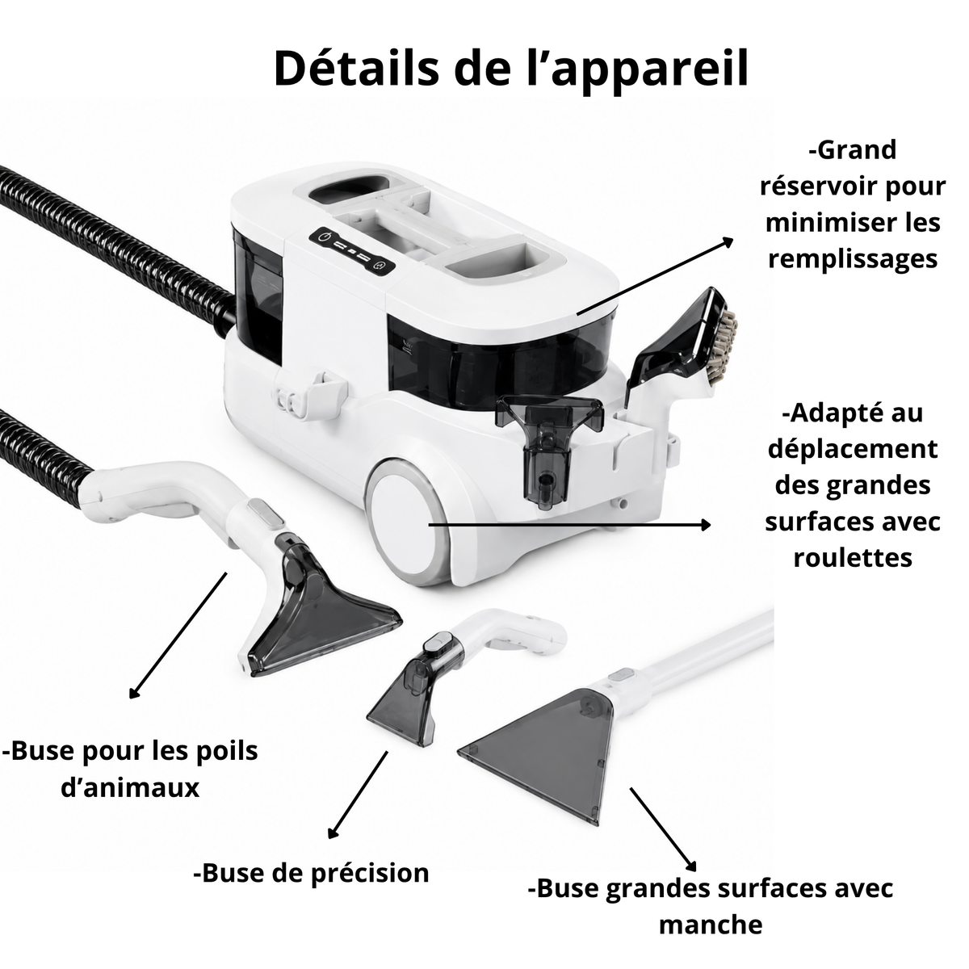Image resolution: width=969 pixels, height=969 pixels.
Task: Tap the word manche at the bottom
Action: (x=711, y=925)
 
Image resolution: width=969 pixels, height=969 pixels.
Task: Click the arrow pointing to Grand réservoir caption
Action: (x=655, y=276)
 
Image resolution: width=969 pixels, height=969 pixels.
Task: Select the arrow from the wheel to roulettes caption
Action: (x=569, y=525)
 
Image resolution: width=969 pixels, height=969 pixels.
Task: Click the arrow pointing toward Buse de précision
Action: (x=358, y=795)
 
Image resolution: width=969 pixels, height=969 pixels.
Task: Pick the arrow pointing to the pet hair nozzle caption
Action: (x=178, y=636)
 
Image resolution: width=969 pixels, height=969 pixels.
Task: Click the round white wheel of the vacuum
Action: (x=405, y=521)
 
